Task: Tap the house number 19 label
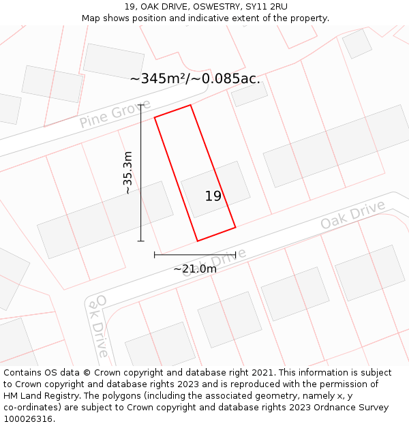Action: coord(213,196)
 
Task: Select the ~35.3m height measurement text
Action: coord(127,172)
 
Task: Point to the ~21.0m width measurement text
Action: coord(195,269)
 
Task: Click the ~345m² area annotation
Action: coord(195,78)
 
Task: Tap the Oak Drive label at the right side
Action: coord(352,214)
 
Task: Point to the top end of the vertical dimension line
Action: coord(141,105)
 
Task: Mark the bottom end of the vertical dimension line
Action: coord(141,241)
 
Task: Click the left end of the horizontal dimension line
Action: coord(155,255)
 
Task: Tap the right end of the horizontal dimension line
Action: coord(235,255)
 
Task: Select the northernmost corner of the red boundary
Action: coord(190,105)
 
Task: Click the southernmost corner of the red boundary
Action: coord(198,241)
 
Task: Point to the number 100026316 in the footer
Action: coord(28,419)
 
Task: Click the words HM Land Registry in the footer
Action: coord(42,395)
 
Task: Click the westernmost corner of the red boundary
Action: coord(155,117)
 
